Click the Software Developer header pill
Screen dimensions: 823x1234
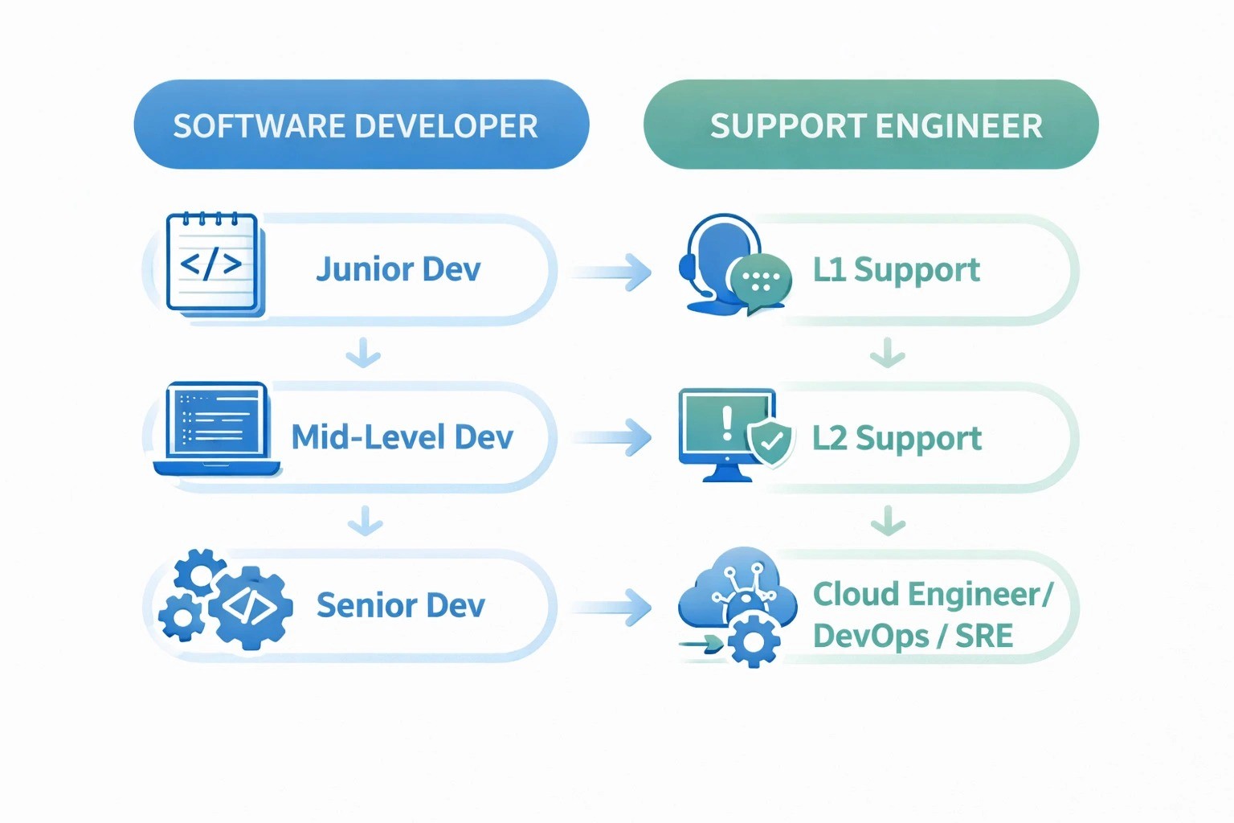[x=361, y=125]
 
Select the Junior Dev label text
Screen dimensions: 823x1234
[x=398, y=269]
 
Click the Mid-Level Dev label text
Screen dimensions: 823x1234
[x=402, y=437]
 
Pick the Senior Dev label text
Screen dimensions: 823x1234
[x=400, y=605]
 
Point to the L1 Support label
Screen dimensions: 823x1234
[x=896, y=270]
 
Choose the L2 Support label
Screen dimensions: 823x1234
[x=897, y=438]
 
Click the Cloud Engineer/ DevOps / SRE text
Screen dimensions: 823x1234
[x=932, y=615]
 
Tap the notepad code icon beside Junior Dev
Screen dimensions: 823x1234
[x=214, y=264]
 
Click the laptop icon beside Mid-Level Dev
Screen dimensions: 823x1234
[x=216, y=428]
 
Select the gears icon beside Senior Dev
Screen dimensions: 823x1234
[x=226, y=599]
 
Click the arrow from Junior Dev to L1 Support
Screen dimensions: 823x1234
[x=612, y=272]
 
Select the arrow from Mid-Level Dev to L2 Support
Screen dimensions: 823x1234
[x=612, y=438]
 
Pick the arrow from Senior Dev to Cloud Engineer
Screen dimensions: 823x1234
[x=612, y=607]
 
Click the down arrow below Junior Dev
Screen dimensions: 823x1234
[x=363, y=353]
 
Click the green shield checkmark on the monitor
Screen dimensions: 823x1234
[x=770, y=441]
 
